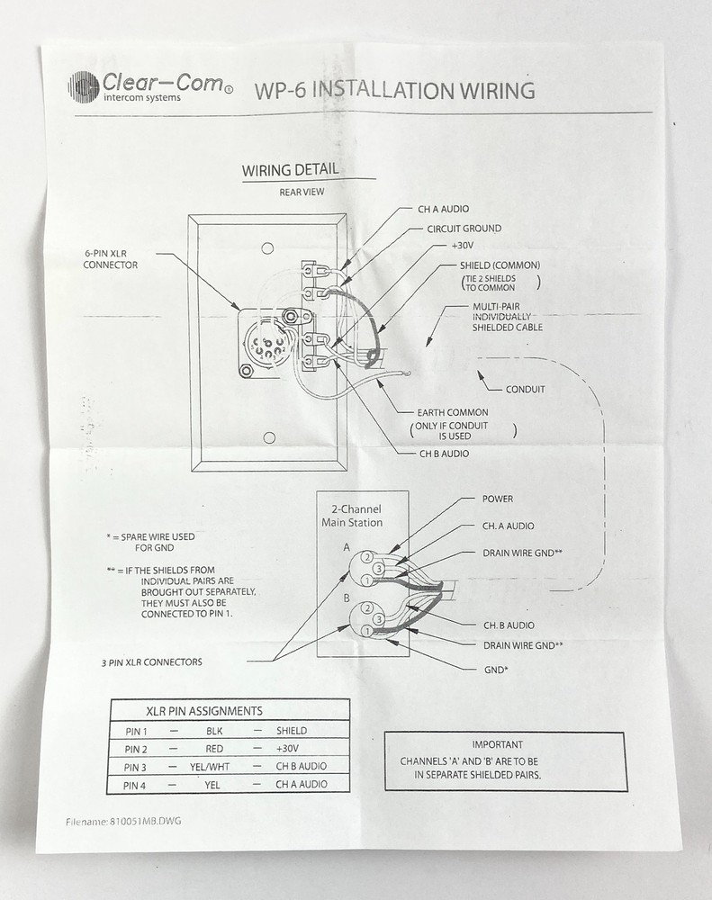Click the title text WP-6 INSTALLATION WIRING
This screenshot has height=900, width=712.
(394, 91)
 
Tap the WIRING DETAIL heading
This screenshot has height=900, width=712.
(291, 170)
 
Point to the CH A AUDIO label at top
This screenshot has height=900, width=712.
(443, 209)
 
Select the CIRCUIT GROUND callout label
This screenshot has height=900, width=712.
(464, 229)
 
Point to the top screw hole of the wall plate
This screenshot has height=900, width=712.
(267, 248)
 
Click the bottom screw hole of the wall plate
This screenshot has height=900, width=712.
(267, 437)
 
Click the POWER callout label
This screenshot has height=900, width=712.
(498, 499)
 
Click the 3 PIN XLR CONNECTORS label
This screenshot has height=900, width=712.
(152, 662)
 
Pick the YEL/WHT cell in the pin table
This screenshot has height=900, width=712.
(215, 767)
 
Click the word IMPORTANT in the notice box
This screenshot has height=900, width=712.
(497, 744)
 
